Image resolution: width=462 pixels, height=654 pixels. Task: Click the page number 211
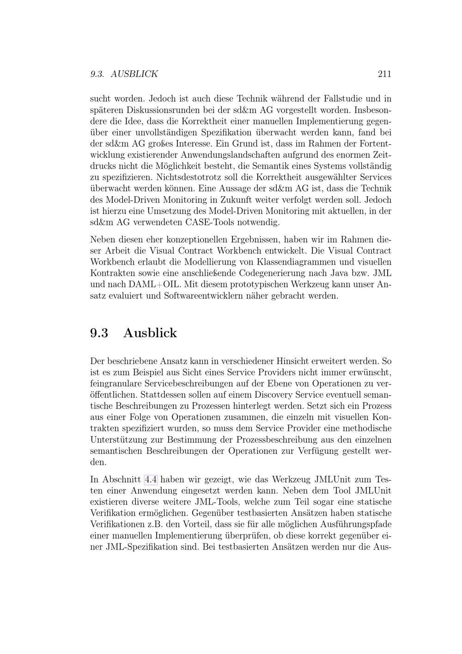[x=384, y=74]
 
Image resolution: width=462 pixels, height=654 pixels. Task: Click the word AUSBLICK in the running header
[x=134, y=74]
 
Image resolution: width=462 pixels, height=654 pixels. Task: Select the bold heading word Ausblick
[x=150, y=333]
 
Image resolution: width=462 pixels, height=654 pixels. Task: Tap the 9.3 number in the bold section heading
[x=99, y=333]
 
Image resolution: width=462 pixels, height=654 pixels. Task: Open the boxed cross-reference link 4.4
[x=151, y=479]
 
